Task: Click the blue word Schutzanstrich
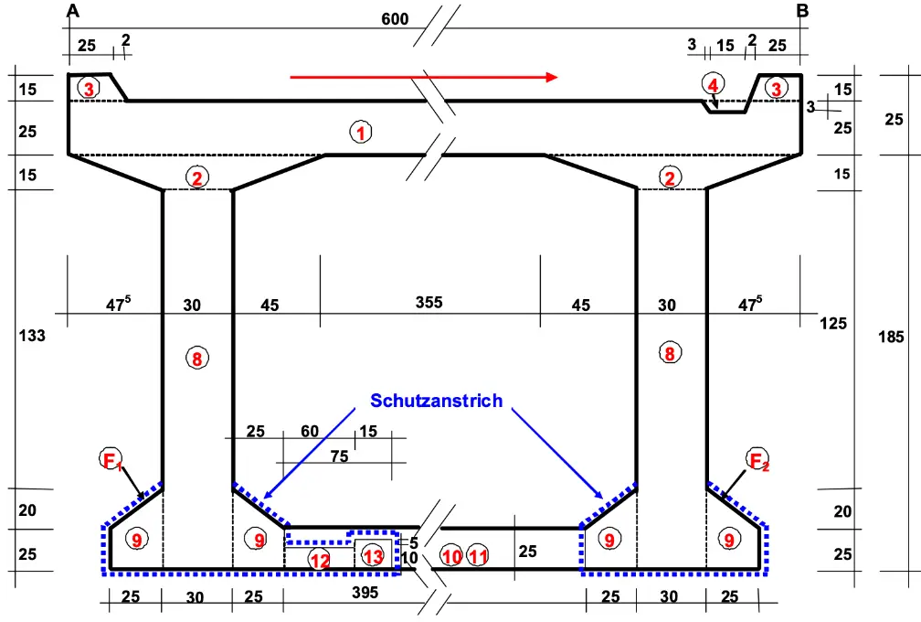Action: [x=437, y=401]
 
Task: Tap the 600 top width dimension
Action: [x=395, y=19]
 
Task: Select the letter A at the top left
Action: [x=73, y=11]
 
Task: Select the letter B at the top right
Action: [x=802, y=11]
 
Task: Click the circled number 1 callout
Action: [x=361, y=133]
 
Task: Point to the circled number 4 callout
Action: [x=713, y=85]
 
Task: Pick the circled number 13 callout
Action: [x=373, y=555]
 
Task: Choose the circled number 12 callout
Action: [x=320, y=561]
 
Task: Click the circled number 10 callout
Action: [x=451, y=555]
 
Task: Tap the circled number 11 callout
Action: [x=478, y=555]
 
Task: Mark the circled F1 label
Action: [x=111, y=459]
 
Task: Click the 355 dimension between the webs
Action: [x=429, y=302]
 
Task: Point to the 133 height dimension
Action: [x=32, y=336]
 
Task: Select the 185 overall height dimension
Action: [x=891, y=337]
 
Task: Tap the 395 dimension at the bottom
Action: [x=365, y=593]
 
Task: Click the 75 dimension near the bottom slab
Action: [x=339, y=456]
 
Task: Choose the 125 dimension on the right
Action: [x=833, y=323]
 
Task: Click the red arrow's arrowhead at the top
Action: [x=551, y=77]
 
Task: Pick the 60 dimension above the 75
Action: [x=310, y=432]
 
